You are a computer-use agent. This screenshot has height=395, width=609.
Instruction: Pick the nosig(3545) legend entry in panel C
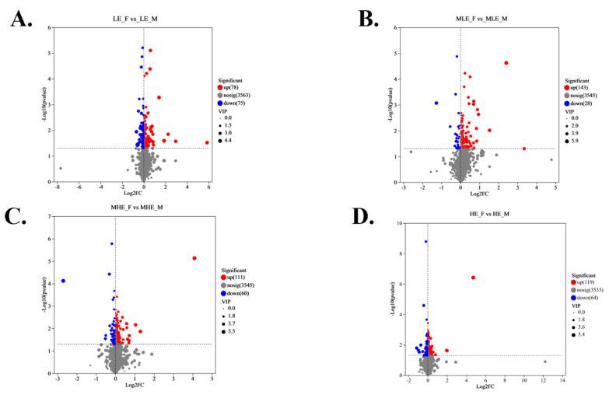(x=238, y=285)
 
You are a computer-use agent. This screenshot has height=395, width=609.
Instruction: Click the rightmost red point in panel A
(x=208, y=142)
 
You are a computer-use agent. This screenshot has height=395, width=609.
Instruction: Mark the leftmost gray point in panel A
(x=60, y=168)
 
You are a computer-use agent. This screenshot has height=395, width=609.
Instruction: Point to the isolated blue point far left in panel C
(x=63, y=281)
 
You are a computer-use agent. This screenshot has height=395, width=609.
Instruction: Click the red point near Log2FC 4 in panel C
(x=194, y=258)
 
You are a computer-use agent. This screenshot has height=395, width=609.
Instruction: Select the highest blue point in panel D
(x=425, y=241)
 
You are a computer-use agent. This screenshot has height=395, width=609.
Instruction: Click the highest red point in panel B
(x=506, y=63)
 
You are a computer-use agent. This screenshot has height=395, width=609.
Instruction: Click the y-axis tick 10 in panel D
(x=401, y=223)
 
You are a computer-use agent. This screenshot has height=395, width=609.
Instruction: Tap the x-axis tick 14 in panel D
(x=562, y=381)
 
